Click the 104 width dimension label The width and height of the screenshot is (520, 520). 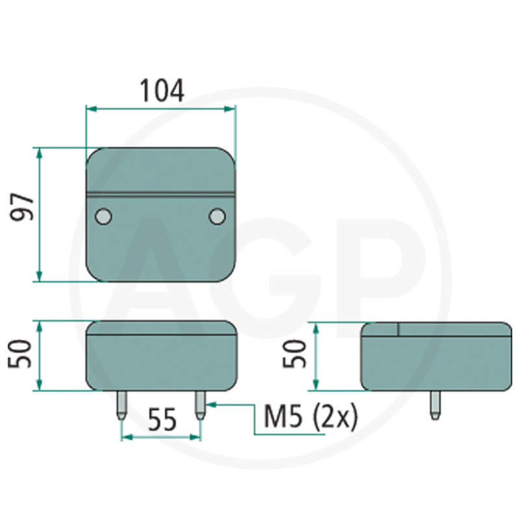[x=161, y=90]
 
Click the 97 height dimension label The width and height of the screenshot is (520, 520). [x=22, y=207]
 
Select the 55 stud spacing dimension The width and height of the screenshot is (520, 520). [x=162, y=420]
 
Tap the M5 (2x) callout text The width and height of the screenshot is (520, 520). [x=311, y=417]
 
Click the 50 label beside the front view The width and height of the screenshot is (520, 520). [x=19, y=354]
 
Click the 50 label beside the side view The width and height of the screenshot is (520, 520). [x=294, y=354]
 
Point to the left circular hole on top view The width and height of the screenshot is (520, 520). [x=103, y=216]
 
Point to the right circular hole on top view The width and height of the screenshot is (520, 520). [x=217, y=216]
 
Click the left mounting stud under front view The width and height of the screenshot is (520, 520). [x=122, y=405]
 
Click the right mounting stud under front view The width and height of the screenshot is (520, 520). [x=200, y=405]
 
